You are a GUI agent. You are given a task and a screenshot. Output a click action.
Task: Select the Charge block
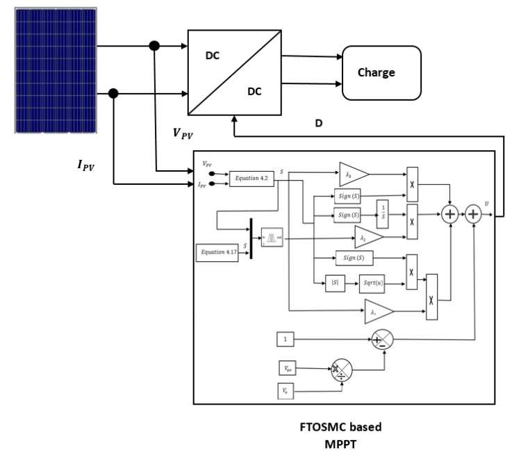(381, 73)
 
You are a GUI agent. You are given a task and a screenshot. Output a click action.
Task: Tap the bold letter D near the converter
(319, 123)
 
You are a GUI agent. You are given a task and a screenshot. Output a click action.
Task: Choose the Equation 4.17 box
(217, 252)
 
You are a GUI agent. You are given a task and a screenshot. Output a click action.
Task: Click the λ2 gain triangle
(367, 237)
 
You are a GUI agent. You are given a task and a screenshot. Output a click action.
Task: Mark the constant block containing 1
(286, 339)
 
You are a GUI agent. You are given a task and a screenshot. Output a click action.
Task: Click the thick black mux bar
(250, 239)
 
